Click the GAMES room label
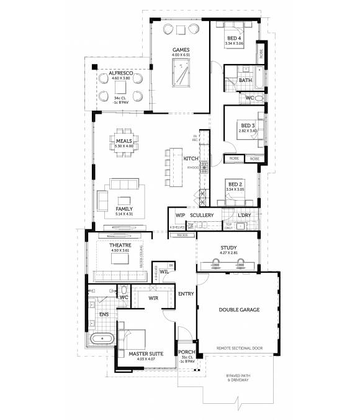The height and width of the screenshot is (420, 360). (x=181, y=50)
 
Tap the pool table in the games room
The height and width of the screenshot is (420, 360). (x=182, y=77)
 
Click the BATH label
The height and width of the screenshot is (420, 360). (x=245, y=80)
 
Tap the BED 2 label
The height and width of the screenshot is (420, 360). (x=234, y=185)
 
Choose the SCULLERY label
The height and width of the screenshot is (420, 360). (x=202, y=216)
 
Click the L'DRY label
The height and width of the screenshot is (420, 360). (x=245, y=216)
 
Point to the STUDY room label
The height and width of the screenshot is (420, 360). (x=229, y=248)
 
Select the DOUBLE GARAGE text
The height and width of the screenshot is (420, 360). (x=239, y=309)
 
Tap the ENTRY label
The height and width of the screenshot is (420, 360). (x=186, y=294)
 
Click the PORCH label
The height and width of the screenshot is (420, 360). (x=186, y=352)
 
